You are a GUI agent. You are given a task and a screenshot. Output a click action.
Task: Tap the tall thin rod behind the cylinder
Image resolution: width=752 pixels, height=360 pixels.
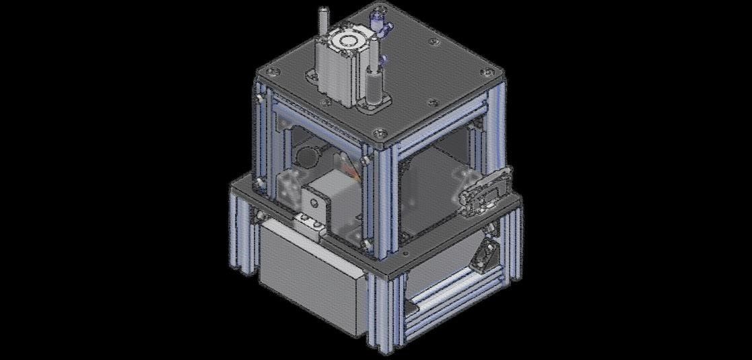click(323, 24)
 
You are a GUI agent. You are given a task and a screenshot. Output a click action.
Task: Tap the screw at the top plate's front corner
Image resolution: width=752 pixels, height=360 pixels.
click(381, 134)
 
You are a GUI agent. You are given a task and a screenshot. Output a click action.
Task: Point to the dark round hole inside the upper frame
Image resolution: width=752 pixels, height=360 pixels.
click(307, 157)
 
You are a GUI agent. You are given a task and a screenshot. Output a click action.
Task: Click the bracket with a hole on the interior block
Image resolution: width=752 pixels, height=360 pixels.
click(312, 200)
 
